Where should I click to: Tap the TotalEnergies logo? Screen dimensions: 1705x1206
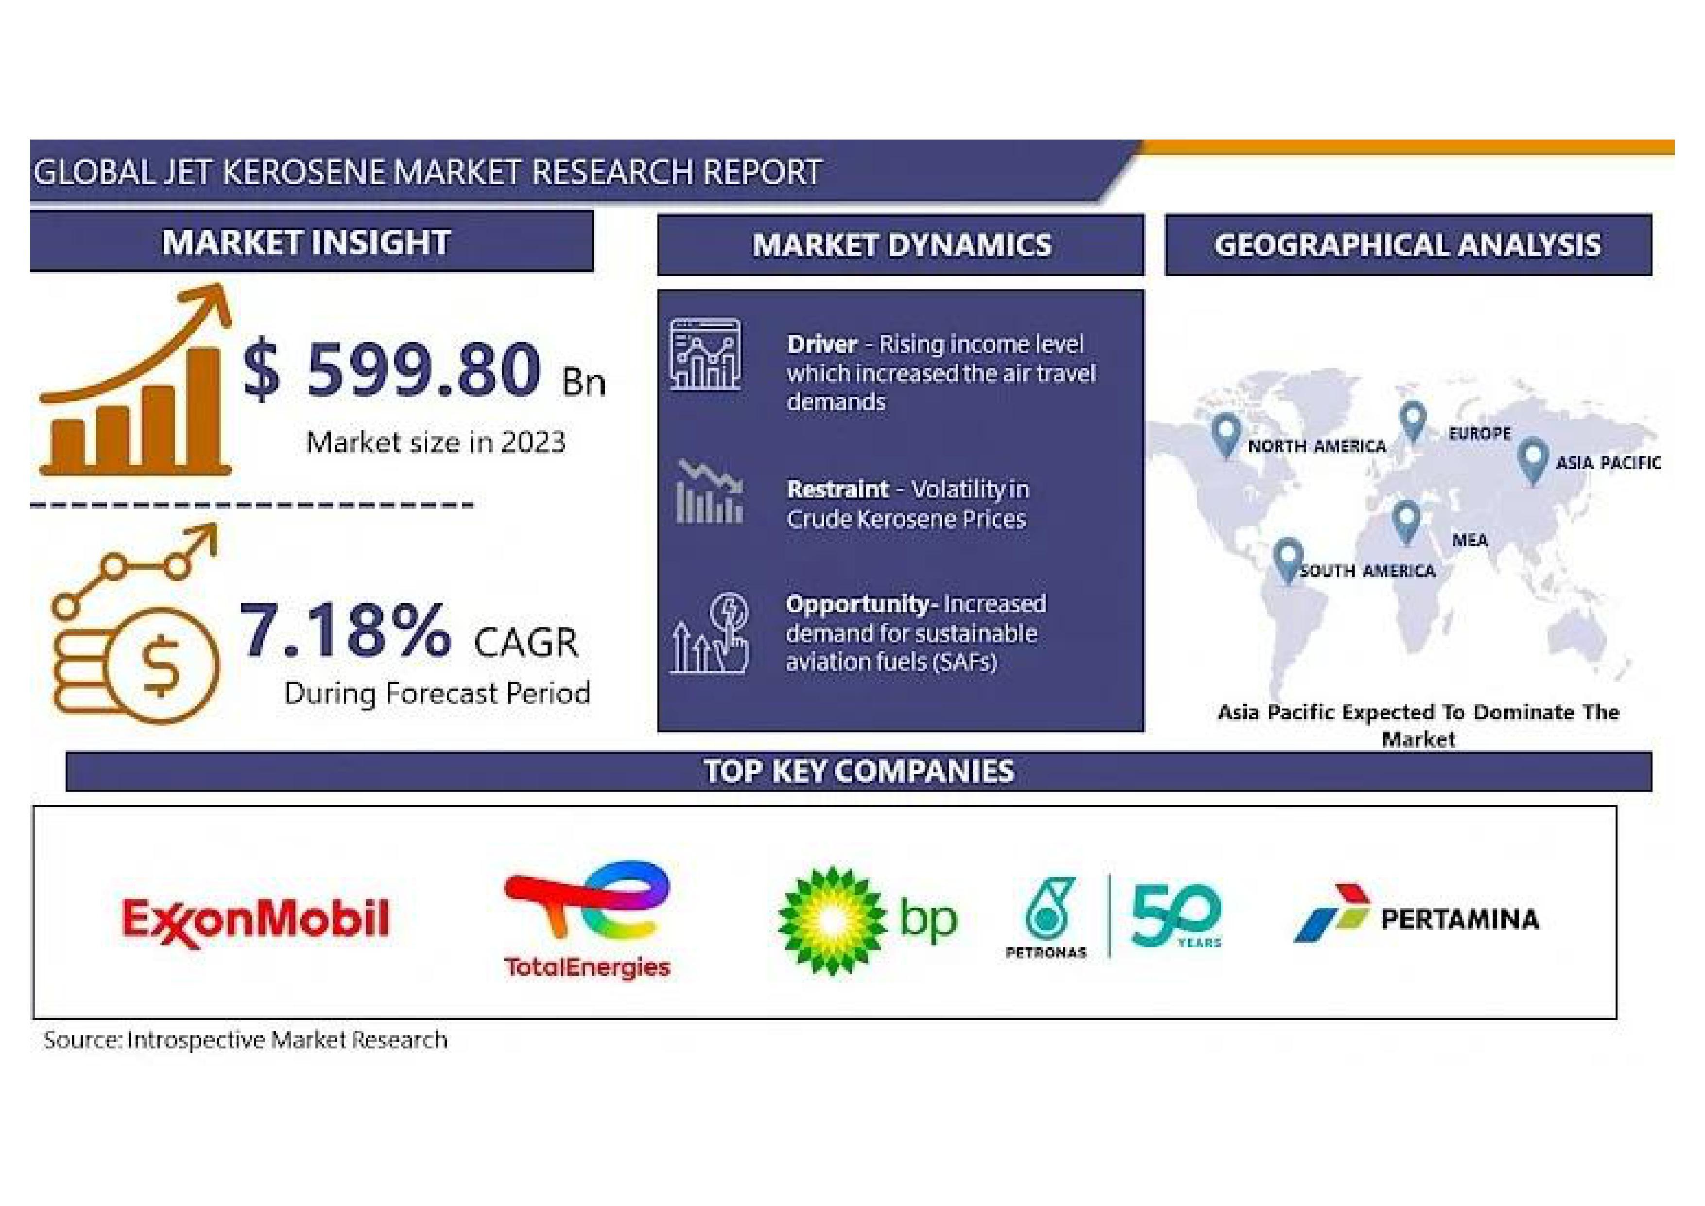click(x=586, y=919)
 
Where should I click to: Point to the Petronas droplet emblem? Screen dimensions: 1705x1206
click(x=1049, y=908)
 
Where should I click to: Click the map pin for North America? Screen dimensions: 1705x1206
click(x=1225, y=435)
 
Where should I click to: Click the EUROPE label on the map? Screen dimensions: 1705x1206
click(x=1479, y=433)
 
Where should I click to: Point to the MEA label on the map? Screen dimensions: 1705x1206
click(x=1470, y=540)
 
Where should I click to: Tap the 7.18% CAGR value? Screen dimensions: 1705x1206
click(x=344, y=630)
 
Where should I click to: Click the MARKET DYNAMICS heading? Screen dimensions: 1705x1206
click(x=901, y=245)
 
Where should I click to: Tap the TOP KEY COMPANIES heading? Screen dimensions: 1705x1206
click(x=859, y=771)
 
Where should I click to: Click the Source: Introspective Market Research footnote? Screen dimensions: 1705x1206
click(x=245, y=1040)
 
